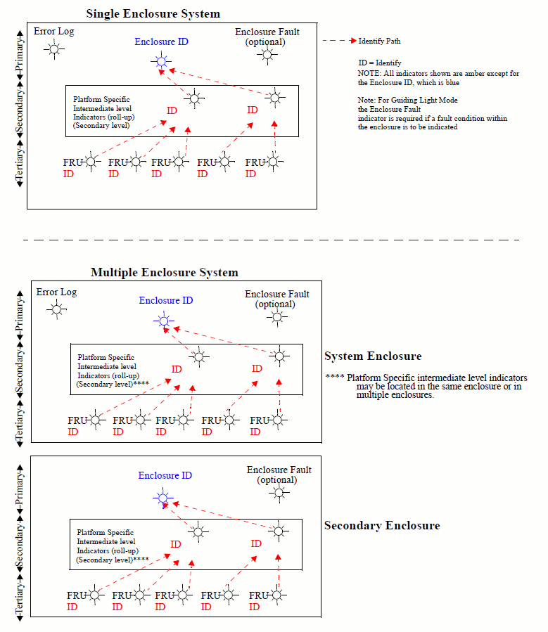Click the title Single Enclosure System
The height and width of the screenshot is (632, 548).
point(153,13)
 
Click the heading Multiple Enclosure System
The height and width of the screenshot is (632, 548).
point(164,272)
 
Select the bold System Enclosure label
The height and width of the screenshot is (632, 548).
point(373,356)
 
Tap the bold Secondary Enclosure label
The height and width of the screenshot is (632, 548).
point(382,526)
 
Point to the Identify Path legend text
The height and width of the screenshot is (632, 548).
point(380,41)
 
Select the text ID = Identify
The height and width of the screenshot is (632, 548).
point(380,63)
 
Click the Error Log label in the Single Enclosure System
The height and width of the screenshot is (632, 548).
point(53,31)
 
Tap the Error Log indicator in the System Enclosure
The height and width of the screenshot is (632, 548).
point(57,309)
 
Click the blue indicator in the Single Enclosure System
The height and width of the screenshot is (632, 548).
point(161,62)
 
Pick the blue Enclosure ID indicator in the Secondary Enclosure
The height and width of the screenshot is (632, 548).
point(163,498)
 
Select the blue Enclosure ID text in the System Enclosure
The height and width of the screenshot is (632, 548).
point(166,300)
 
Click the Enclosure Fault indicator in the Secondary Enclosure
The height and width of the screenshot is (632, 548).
point(279,493)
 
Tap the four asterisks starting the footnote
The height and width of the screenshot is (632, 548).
point(334,378)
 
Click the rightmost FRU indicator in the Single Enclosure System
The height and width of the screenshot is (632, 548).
point(274,162)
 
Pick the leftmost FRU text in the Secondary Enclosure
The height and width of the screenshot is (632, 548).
point(77,595)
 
